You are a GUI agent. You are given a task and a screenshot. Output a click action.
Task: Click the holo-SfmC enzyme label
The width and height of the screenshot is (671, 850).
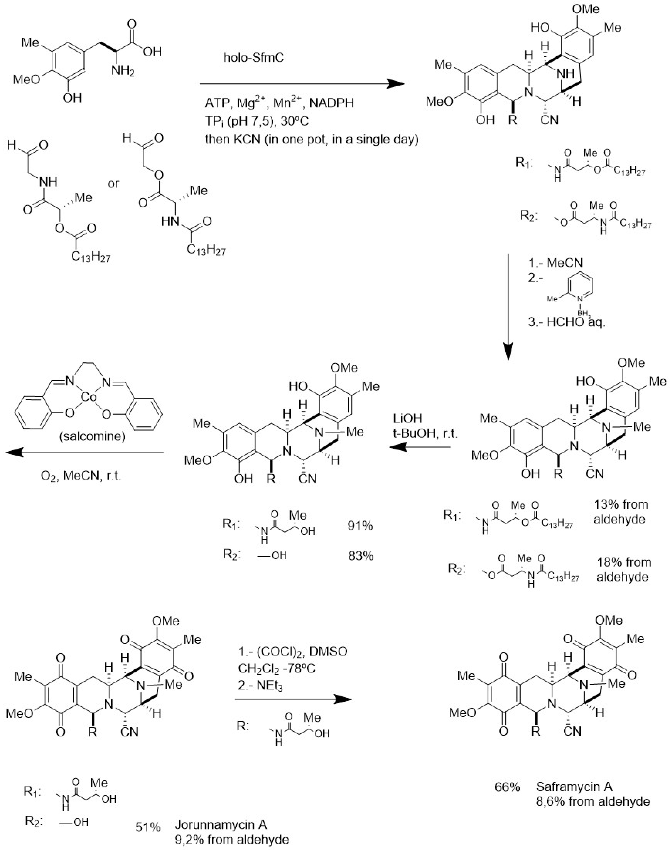coord(254,58)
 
